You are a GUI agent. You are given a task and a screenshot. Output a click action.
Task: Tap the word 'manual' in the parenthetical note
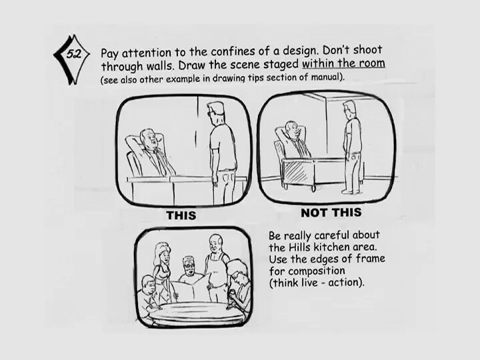tap(326, 77)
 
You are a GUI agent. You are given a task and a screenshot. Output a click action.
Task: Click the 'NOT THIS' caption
tap(331, 213)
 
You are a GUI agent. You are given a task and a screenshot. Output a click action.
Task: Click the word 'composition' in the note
tap(317, 271)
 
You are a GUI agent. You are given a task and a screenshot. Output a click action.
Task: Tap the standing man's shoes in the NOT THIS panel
tap(351, 191)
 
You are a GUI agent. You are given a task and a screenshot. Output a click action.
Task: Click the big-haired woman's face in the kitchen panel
tap(164, 257)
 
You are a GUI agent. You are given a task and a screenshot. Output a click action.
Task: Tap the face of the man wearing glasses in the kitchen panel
tap(189, 266)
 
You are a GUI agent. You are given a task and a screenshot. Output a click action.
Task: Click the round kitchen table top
tap(196, 311)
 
